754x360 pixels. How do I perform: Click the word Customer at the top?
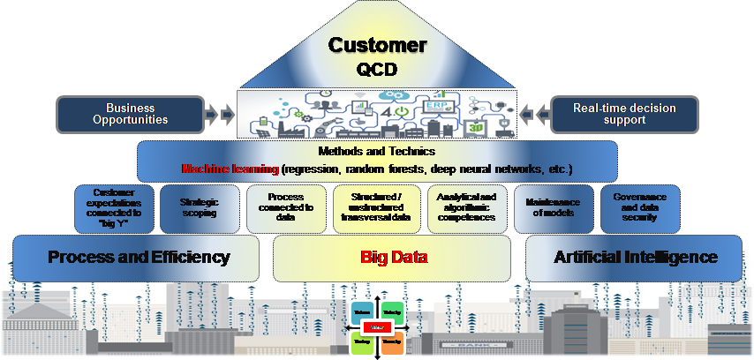377,45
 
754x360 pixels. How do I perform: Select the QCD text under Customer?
377,69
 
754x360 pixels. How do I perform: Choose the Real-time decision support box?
624,114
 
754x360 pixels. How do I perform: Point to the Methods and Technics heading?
377,152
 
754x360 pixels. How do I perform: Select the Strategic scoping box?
200,208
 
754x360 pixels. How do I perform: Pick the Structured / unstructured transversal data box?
377,208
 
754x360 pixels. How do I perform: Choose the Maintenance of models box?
554,208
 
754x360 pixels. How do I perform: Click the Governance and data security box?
639,208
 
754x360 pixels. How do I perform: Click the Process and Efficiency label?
139,258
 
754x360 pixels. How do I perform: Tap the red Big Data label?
393,258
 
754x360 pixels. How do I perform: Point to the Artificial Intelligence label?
635,258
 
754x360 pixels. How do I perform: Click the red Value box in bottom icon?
378,327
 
